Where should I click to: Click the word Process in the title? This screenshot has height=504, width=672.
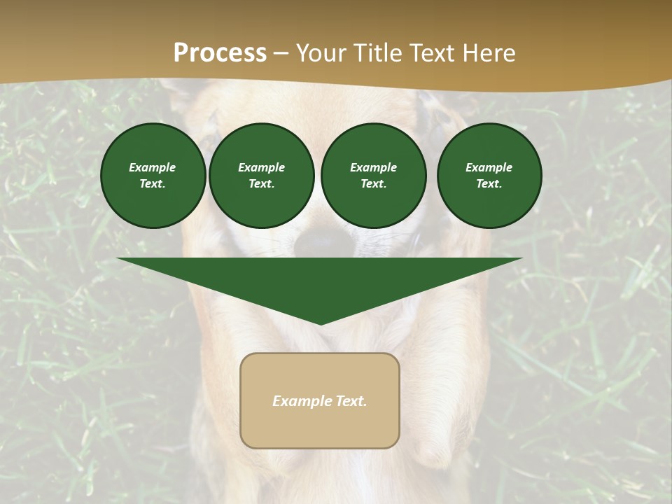(x=220, y=53)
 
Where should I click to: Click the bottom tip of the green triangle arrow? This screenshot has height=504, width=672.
(x=321, y=323)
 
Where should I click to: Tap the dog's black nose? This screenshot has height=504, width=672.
(x=321, y=242)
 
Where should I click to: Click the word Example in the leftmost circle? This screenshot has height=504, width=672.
(x=153, y=167)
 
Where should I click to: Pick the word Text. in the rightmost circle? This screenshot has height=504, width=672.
(x=489, y=183)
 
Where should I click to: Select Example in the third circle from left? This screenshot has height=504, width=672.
(x=373, y=167)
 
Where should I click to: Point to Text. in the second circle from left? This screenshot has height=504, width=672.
(x=261, y=183)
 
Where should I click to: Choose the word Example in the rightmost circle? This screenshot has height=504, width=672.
(x=489, y=167)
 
